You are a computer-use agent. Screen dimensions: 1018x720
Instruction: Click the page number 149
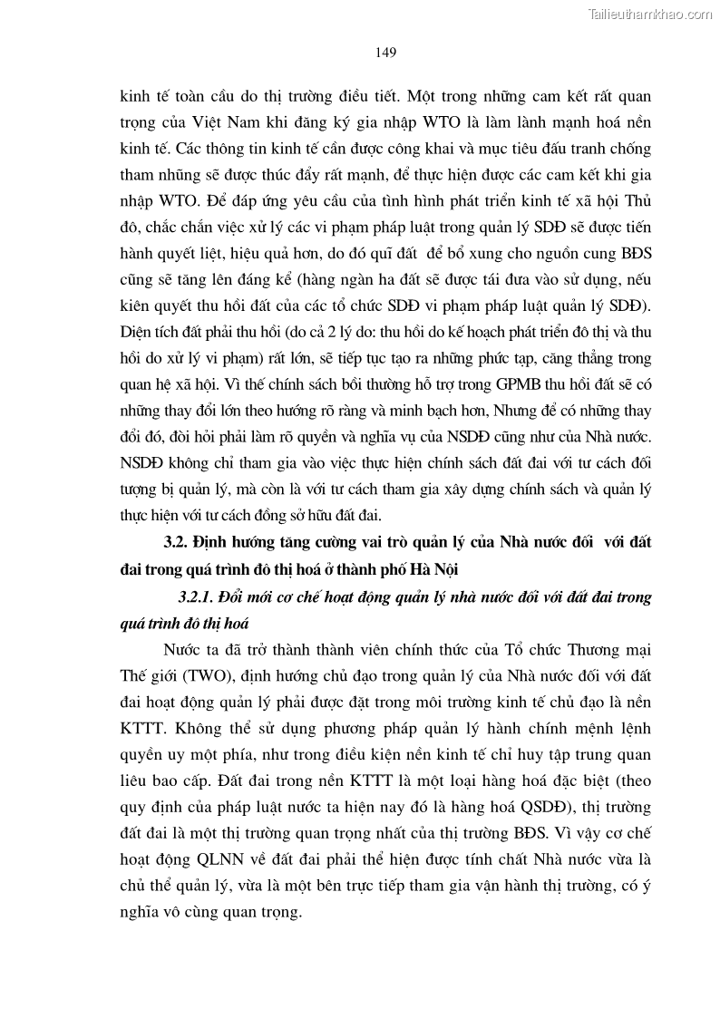384,53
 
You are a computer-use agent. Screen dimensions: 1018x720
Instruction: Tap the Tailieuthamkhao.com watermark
650,14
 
